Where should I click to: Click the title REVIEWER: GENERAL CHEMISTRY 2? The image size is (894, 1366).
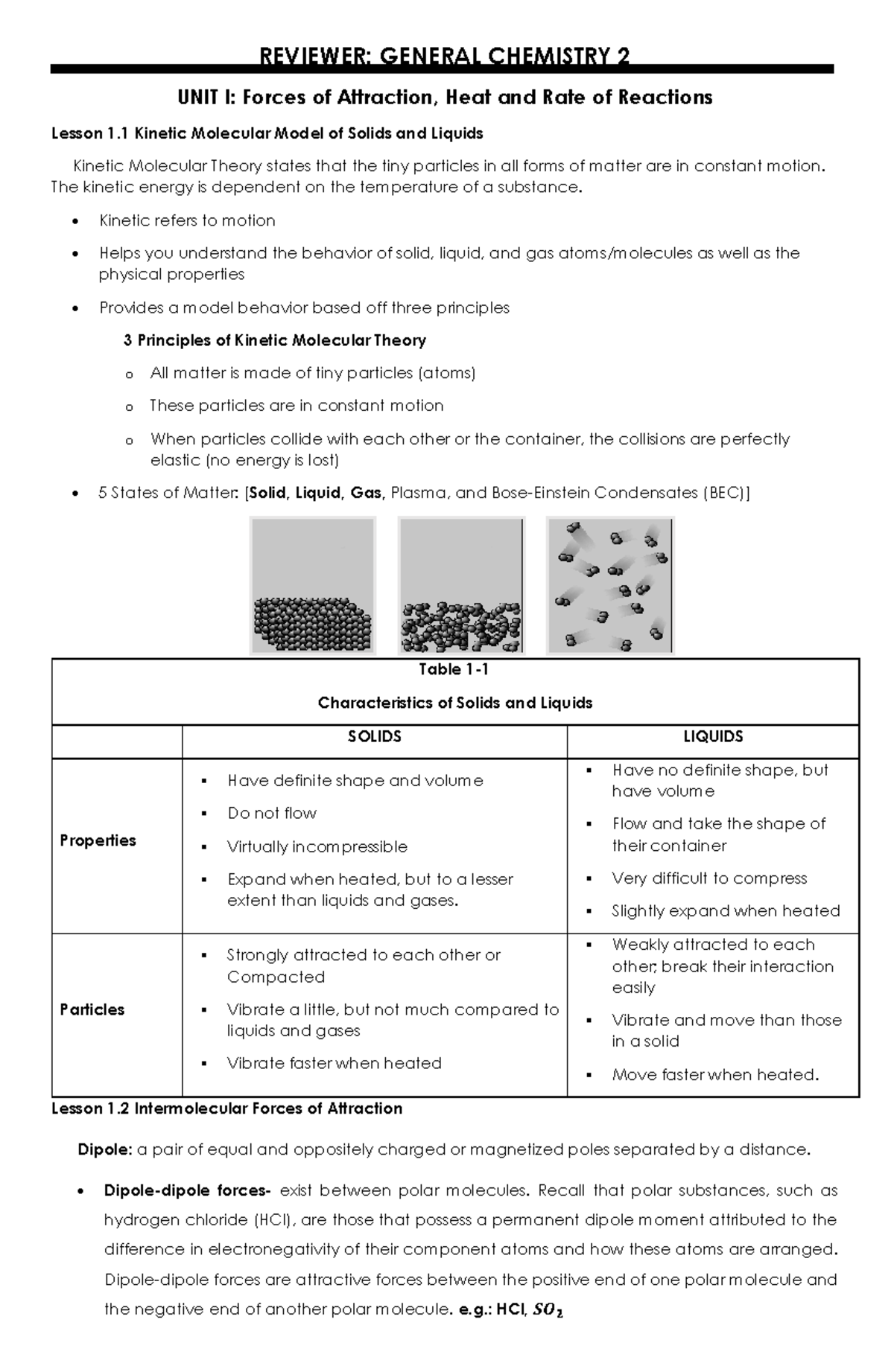(444, 57)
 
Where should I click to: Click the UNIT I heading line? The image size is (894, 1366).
(444, 98)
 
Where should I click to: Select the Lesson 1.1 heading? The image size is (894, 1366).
(267, 134)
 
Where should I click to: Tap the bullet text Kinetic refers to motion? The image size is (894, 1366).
(187, 221)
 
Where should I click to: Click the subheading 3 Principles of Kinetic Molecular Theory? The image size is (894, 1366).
(274, 341)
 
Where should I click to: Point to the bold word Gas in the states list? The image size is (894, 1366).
(366, 494)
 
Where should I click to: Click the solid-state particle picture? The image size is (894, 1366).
(313, 586)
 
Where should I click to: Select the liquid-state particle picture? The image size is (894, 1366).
(461, 586)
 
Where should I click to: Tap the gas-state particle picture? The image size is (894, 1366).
(610, 586)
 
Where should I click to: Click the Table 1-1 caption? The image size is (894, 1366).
(454, 670)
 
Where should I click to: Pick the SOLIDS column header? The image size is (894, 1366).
(375, 737)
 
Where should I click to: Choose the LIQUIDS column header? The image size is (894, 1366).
(713, 737)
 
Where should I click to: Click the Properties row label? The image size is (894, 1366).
(98, 841)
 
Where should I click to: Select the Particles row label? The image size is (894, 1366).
(92, 1010)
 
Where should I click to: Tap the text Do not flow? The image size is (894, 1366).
(272, 814)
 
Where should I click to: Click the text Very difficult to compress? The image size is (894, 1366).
(709, 878)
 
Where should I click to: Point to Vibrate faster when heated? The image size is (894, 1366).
(334, 1064)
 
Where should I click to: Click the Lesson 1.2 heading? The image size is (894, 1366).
(226, 1109)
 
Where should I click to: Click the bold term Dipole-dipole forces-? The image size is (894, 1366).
(187, 1191)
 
